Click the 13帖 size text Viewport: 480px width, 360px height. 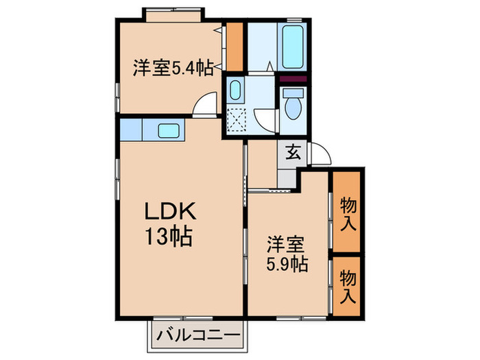coord(168,237)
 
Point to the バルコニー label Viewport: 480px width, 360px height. coord(197,335)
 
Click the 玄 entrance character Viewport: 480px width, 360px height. coord(293,152)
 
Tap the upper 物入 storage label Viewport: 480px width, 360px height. coord(348,214)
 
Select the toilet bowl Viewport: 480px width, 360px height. coord(293,107)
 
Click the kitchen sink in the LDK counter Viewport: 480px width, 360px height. coord(169,130)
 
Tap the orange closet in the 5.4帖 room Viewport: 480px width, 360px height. coord(236,47)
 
